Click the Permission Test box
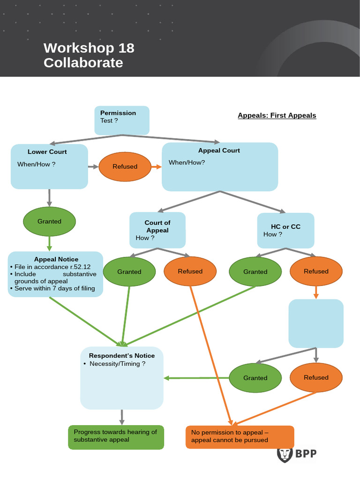pos(122,120)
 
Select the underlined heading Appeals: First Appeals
pos(277,115)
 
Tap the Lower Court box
pos(49,166)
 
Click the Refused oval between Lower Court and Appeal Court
pos(125,166)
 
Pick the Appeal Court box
pos(219,167)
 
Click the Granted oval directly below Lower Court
pos(49,221)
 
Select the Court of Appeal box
pos(157,230)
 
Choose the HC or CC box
pos(285,230)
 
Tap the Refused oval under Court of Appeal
pos(190,271)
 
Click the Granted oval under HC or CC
pos(255,271)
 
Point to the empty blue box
pos(315,323)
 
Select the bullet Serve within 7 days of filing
pos(54,288)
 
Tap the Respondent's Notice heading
pos(121,355)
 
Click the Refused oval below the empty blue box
pos(315,377)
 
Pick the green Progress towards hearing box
pos(116,437)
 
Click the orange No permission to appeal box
pos(240,437)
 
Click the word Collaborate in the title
pos(83,63)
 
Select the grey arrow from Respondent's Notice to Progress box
pos(122,417)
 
